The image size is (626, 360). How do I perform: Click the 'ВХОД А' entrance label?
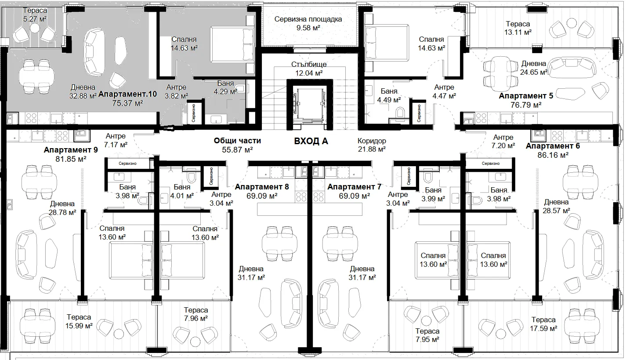point(311,141)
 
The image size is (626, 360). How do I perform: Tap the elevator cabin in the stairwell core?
point(309,105)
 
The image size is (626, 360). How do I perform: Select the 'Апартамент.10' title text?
point(127,94)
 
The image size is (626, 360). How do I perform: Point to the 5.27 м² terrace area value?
point(35,19)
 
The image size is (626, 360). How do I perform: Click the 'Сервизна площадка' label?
point(308,19)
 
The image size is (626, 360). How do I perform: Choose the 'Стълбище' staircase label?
point(309,64)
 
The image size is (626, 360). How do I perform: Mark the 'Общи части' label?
point(237,140)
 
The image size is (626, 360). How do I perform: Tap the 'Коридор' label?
point(372,141)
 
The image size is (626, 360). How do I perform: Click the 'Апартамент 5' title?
point(526,96)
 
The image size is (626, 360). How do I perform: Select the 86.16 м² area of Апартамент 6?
point(553,155)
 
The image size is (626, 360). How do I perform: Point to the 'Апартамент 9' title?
point(71,150)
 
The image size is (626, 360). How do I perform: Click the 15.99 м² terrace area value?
point(79,326)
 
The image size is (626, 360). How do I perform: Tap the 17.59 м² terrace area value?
point(543,328)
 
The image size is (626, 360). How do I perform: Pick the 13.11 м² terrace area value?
point(518,32)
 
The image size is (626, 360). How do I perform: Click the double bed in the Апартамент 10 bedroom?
point(232,44)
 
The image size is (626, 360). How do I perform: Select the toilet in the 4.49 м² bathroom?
point(400,113)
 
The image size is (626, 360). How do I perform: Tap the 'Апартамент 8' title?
point(262,186)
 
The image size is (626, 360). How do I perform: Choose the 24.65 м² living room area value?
point(533,72)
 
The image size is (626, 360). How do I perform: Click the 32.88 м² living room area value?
point(83,96)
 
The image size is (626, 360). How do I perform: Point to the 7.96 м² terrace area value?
point(195,318)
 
